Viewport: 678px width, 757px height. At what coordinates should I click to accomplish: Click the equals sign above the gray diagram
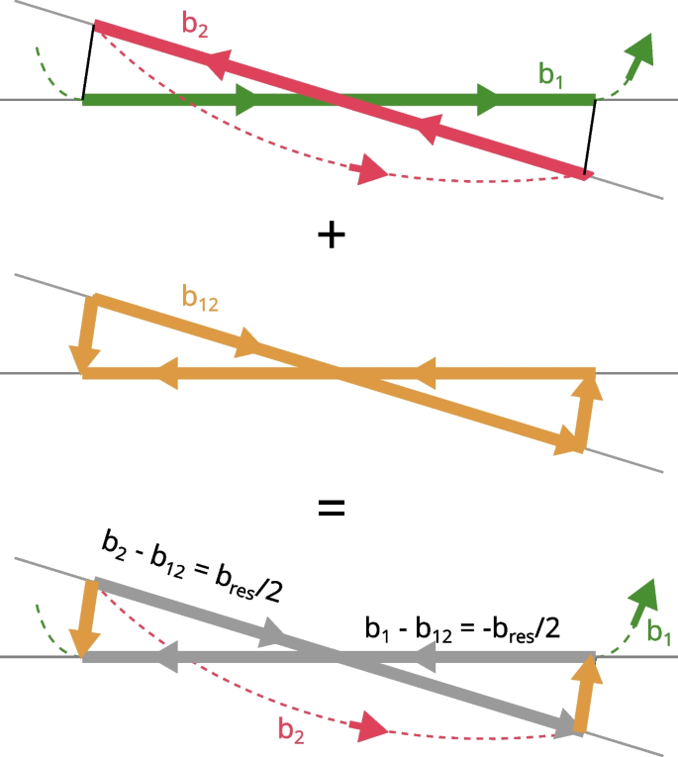click(x=331, y=510)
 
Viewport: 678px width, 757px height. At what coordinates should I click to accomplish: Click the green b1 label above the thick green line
click(x=550, y=74)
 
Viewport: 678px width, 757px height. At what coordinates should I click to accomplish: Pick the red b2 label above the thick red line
click(x=195, y=25)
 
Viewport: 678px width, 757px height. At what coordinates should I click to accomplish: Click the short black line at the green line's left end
click(x=88, y=61)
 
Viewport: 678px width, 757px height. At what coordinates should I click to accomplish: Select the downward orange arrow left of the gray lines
click(x=87, y=620)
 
